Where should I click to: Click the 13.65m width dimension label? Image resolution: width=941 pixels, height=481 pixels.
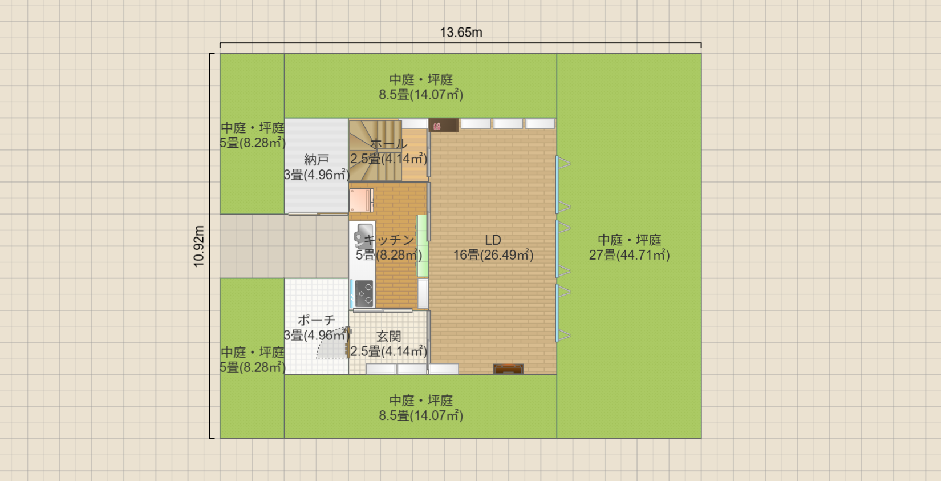click(x=461, y=33)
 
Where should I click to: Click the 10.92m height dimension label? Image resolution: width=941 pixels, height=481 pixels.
click(x=198, y=246)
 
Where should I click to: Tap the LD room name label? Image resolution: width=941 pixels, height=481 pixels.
click(x=493, y=240)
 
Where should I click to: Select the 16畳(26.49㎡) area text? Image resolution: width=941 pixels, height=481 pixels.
click(x=493, y=255)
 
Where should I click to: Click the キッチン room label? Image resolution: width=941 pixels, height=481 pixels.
click(x=389, y=240)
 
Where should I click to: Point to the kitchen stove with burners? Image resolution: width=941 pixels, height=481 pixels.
click(x=364, y=293)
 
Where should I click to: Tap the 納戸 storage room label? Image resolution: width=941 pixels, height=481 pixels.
click(x=317, y=160)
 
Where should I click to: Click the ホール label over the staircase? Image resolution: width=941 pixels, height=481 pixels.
click(x=388, y=144)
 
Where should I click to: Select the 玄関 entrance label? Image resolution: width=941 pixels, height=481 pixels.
click(x=388, y=337)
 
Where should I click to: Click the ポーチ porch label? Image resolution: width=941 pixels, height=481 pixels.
click(x=317, y=321)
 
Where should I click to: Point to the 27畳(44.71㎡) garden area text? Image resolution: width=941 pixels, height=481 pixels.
click(x=629, y=255)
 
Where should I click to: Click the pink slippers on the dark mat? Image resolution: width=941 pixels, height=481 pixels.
click(x=437, y=126)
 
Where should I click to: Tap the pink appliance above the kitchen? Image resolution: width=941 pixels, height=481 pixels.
click(x=361, y=200)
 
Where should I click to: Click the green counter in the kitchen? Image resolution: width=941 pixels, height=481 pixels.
click(x=422, y=246)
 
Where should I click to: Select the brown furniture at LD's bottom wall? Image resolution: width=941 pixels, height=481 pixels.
click(x=508, y=369)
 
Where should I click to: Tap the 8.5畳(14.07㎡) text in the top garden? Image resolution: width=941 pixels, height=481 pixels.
click(x=421, y=95)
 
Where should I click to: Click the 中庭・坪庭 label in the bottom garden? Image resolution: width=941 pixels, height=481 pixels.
click(x=421, y=401)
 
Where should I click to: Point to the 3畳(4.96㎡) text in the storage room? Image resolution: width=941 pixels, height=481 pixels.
click(x=317, y=175)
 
